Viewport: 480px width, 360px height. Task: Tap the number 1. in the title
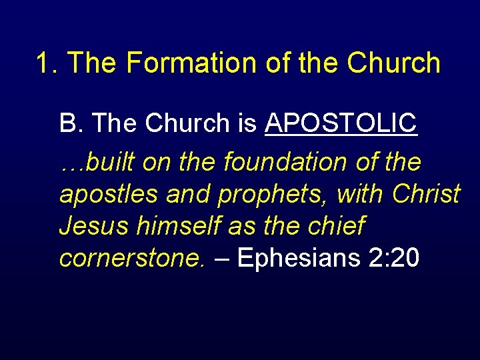coord(48,63)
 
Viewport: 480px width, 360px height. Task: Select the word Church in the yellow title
coord(393,63)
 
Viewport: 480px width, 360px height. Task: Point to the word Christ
coord(427,193)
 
